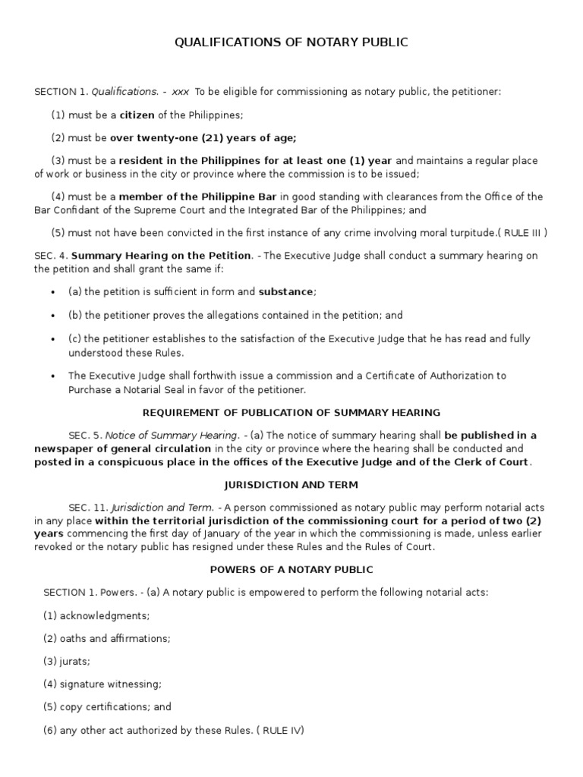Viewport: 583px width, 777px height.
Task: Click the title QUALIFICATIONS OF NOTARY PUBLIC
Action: coord(291,42)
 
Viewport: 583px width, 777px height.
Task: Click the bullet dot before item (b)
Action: coord(52,315)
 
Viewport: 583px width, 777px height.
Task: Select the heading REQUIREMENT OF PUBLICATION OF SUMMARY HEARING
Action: coord(291,413)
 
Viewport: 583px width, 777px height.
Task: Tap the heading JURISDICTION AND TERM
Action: coord(291,484)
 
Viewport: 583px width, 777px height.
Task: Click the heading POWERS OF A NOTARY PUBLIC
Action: coord(291,569)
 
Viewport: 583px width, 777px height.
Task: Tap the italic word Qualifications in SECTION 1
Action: coord(124,92)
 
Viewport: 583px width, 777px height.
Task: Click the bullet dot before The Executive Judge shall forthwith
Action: coord(52,376)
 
